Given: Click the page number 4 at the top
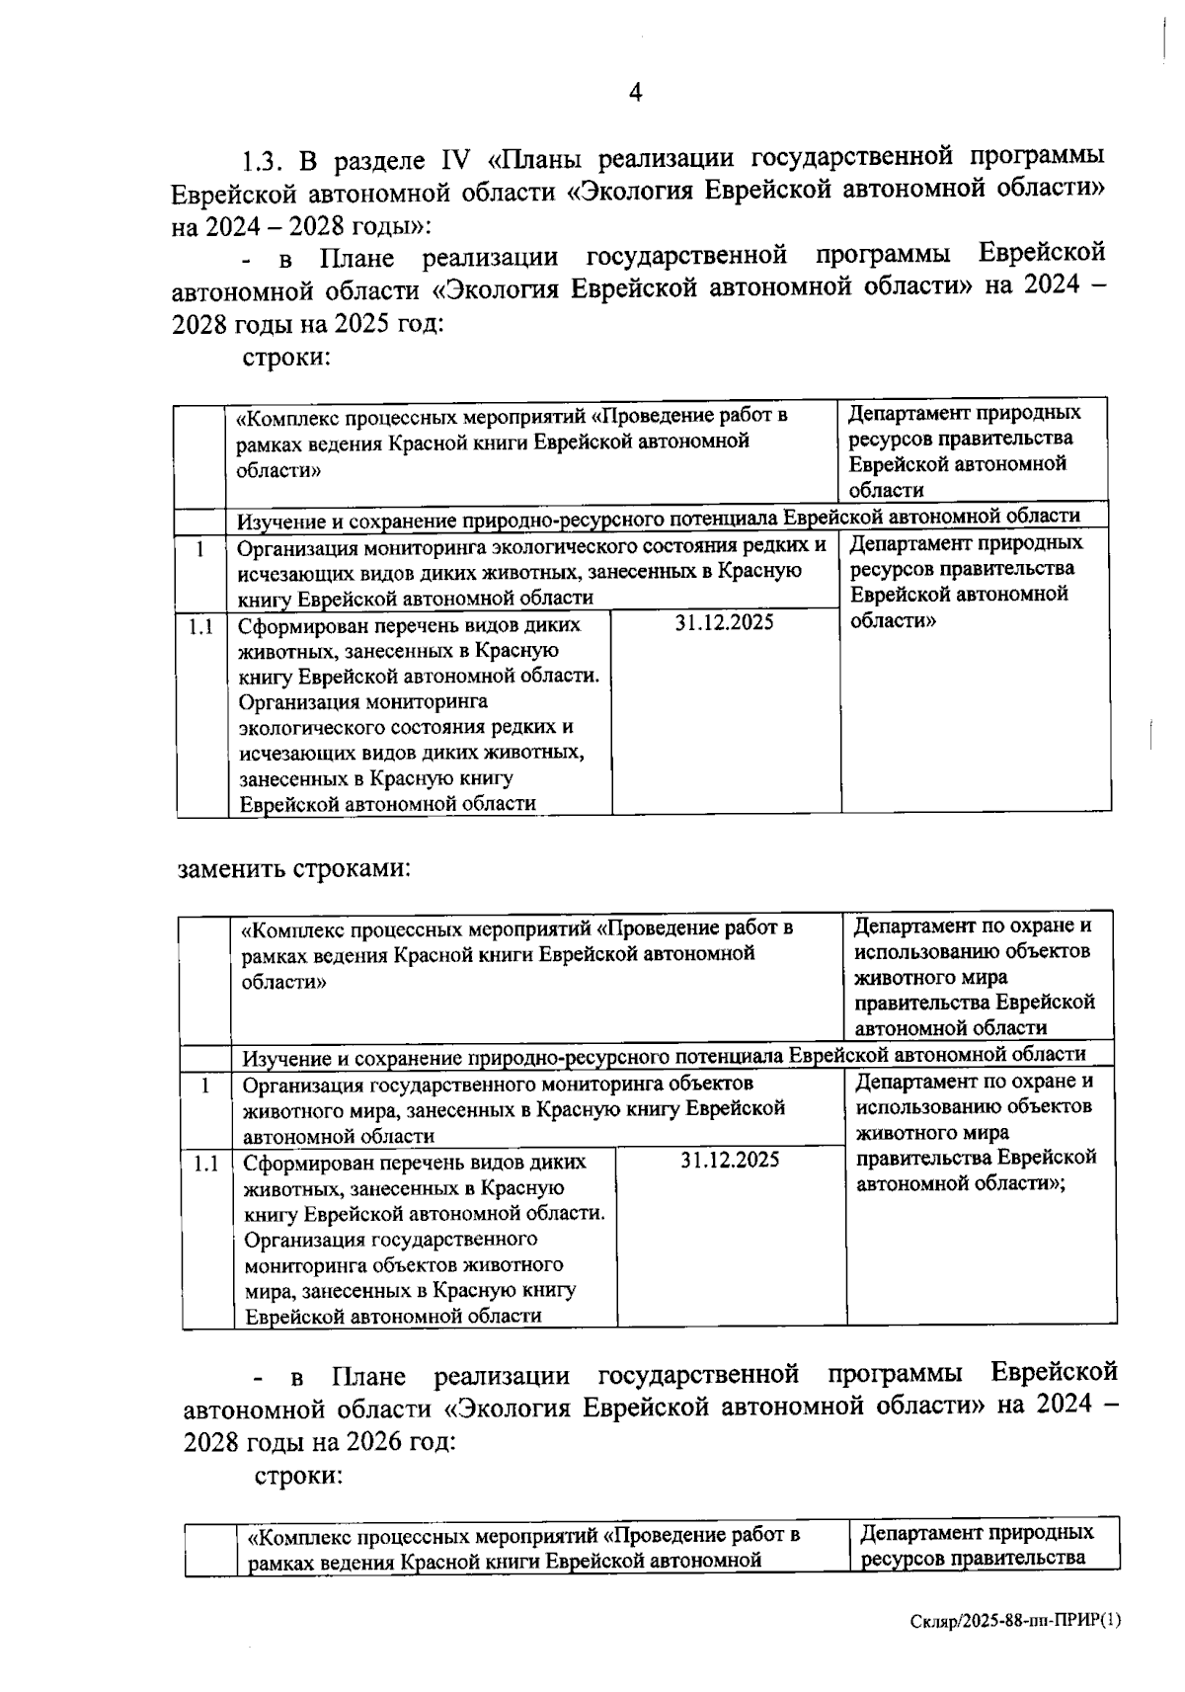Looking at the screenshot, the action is pos(635,93).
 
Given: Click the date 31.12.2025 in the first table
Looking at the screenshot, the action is pos(725,622).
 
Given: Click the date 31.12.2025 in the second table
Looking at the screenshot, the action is pos(730,1160).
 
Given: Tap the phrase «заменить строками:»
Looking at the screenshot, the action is pos(292,869).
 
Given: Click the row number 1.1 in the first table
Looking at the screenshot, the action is pos(200,626).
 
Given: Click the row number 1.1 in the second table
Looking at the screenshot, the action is pos(205,1164).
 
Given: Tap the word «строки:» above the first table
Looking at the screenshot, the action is pos(286,357).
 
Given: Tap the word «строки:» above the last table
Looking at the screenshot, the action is pos(298,1476).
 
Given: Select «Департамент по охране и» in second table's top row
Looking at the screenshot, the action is pos(973,927).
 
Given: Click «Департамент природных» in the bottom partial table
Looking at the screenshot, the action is pos(977,1532).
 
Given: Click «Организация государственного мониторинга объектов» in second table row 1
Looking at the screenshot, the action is pos(498,1084).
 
